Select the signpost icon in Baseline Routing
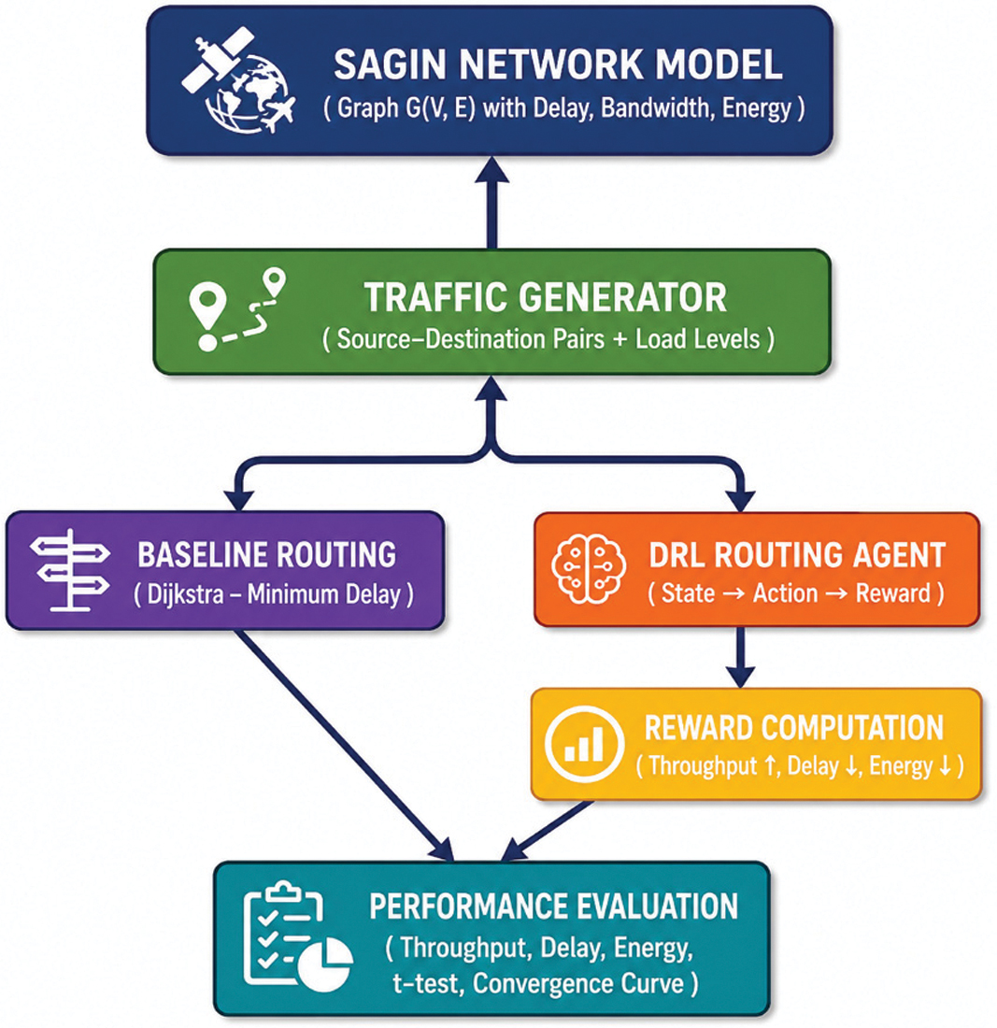click(x=70, y=570)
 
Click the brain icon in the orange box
click(x=588, y=568)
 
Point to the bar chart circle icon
click(x=584, y=744)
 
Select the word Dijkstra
click(x=186, y=594)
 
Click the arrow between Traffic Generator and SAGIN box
click(x=492, y=203)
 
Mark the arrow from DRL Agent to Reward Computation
click(x=741, y=657)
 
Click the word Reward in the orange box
click(x=892, y=593)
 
